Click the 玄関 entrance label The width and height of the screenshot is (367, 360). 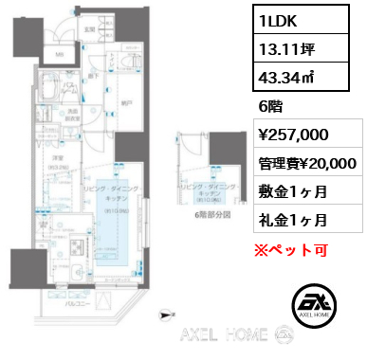tap(88, 29)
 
